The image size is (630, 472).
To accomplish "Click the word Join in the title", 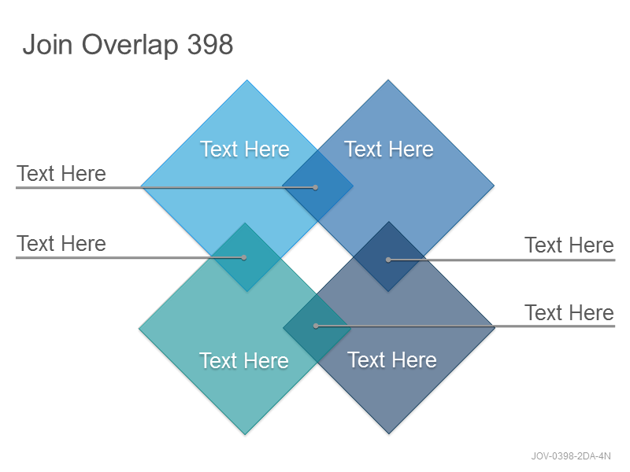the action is (47, 44).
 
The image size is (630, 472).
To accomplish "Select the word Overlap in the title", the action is (130, 46).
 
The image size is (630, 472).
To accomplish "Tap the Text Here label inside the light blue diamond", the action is (245, 149).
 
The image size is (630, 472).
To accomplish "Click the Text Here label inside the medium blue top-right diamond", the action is (389, 149).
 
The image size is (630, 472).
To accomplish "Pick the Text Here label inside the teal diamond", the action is (244, 360).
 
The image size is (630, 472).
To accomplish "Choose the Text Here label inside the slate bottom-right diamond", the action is (392, 360).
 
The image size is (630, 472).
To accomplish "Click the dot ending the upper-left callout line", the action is (316, 187).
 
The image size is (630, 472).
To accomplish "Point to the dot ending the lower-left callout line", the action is (244, 258).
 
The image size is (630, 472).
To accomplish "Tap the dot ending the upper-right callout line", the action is (388, 260).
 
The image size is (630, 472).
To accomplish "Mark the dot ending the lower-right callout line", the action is (316, 326).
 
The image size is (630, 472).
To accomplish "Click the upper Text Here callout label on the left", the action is (61, 173).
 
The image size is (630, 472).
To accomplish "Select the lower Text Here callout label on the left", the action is (61, 244).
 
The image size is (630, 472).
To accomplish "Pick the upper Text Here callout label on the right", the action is (569, 245).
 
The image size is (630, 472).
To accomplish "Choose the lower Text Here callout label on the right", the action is (569, 312).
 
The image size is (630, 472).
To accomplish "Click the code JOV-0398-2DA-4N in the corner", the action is (571, 456).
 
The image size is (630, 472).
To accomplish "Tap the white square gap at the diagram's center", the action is (317, 258).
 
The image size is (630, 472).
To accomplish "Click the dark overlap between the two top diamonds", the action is (317, 186).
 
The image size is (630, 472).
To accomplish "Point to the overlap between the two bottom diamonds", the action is (317, 328).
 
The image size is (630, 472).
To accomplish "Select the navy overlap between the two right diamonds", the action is (389, 257).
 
